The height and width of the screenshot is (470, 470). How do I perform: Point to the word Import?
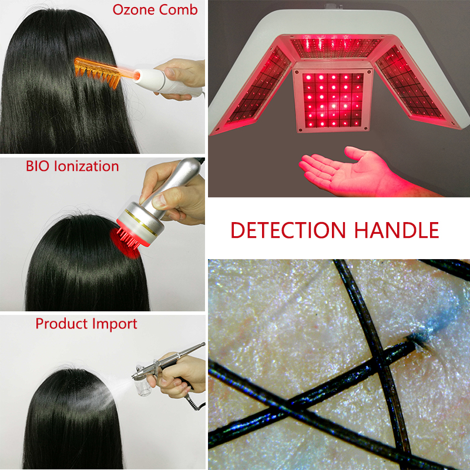112,324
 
